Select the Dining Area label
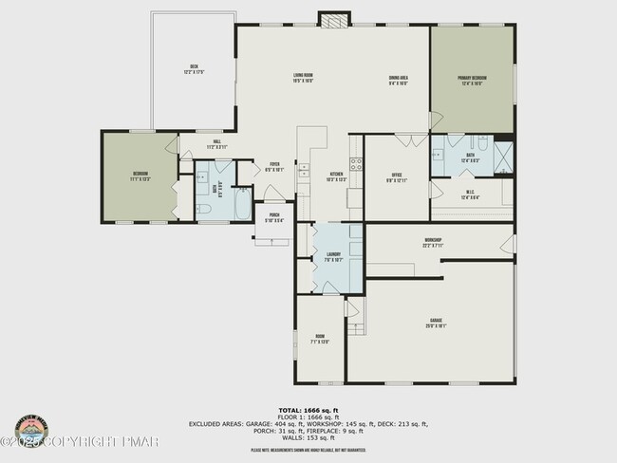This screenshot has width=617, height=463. pos(398,80)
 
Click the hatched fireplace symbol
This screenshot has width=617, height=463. pos(333,19)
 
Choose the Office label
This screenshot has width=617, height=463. pos(397,177)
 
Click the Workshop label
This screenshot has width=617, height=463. pos(434,241)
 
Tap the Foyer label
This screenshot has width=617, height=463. pos(274,165)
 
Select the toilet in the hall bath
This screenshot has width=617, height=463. pos(203,209)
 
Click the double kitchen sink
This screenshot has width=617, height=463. pos(304,172)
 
